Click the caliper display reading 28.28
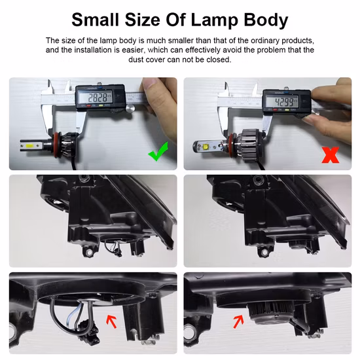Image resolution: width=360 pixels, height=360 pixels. pos(99,98)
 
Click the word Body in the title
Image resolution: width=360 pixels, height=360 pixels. pos(265,20)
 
